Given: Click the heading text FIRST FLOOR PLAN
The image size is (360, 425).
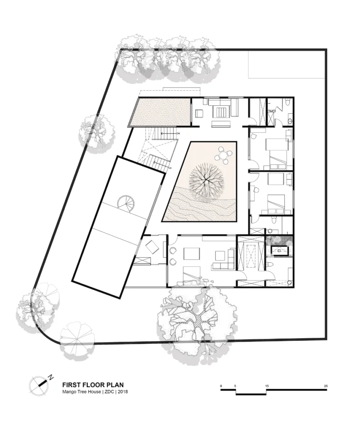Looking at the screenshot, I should pos(93,385).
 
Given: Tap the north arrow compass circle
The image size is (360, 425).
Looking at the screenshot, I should pos(38,386).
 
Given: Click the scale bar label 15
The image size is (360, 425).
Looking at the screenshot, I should pos(267,386).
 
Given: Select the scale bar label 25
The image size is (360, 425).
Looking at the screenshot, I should pos(326,386).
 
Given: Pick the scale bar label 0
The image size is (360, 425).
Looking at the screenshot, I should pos(221,386).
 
